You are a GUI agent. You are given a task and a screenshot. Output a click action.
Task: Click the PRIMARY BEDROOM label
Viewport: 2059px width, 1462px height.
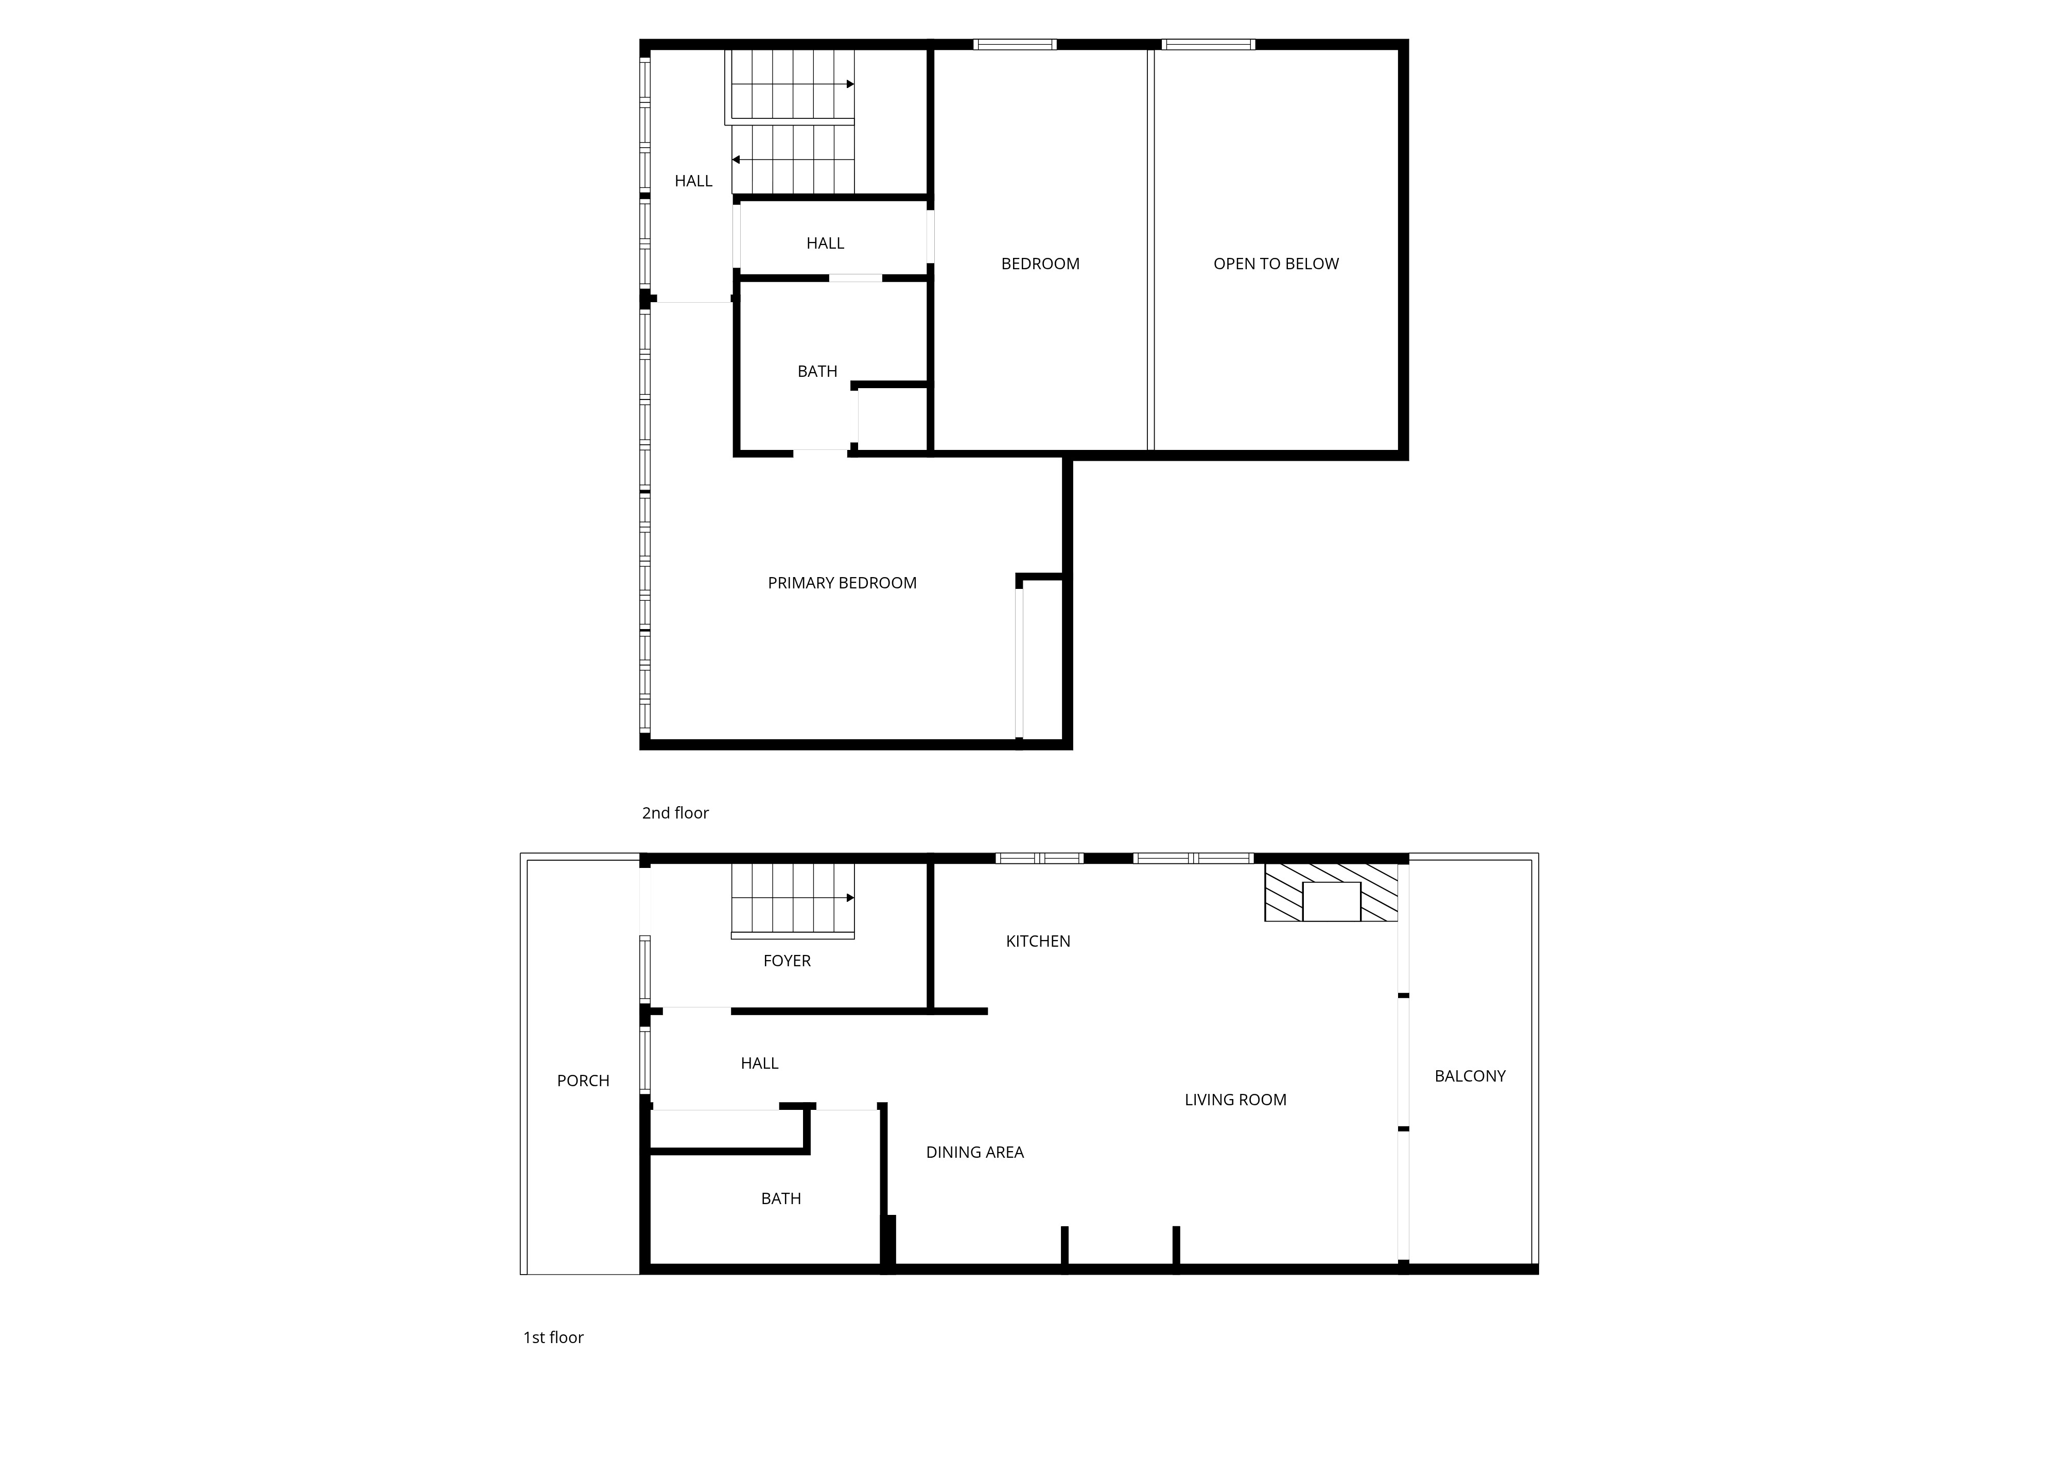tap(842, 583)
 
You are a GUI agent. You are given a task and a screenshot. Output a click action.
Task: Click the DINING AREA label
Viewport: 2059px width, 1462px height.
tap(974, 1152)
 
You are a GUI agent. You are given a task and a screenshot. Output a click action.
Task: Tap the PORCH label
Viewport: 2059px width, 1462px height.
tap(583, 1081)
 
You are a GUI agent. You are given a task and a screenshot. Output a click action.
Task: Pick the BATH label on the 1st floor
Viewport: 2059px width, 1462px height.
tap(780, 1198)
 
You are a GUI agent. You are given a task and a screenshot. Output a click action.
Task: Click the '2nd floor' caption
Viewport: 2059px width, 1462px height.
tap(675, 813)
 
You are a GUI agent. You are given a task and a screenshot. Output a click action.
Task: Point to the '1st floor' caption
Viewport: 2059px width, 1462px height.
tap(553, 1338)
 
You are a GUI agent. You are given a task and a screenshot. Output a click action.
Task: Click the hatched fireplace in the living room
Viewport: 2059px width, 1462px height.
tap(1331, 893)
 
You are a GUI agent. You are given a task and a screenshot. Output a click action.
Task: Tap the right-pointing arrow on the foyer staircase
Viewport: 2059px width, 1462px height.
tap(849, 898)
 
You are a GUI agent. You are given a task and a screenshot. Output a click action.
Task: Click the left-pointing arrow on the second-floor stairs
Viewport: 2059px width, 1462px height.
tap(736, 160)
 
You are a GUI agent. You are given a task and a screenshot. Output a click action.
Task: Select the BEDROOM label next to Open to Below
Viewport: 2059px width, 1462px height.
tap(1040, 264)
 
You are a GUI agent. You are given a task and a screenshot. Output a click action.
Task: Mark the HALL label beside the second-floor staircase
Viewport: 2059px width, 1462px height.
tap(693, 181)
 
